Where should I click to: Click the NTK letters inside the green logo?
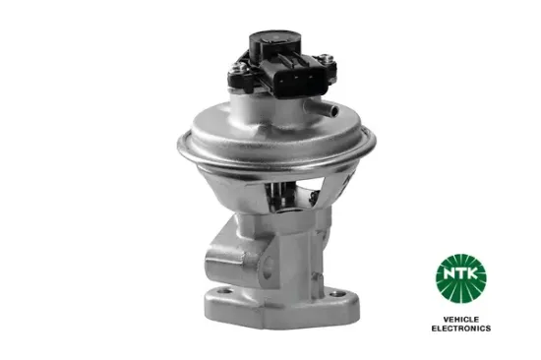pyautogui.click(x=461, y=273)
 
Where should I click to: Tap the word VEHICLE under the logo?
pyautogui.click(x=461, y=320)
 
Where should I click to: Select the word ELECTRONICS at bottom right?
pyautogui.click(x=461, y=329)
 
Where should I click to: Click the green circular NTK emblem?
pyautogui.click(x=461, y=278)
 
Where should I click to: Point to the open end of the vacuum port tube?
pyautogui.click(x=333, y=110)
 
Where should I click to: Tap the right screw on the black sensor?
pyautogui.click(x=325, y=59)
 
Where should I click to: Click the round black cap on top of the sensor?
pyautogui.click(x=274, y=38)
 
